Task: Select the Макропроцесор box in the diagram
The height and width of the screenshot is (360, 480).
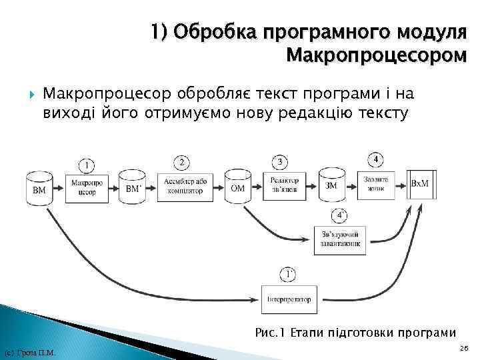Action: [85, 187]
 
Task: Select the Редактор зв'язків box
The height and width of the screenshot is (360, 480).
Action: [285, 185]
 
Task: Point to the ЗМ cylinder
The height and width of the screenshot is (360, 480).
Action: [331, 186]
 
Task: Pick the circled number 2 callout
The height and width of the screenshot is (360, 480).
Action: [181, 162]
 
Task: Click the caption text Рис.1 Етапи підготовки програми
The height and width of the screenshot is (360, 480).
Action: [355, 331]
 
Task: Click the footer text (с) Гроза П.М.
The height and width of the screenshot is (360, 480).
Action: [29, 352]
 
